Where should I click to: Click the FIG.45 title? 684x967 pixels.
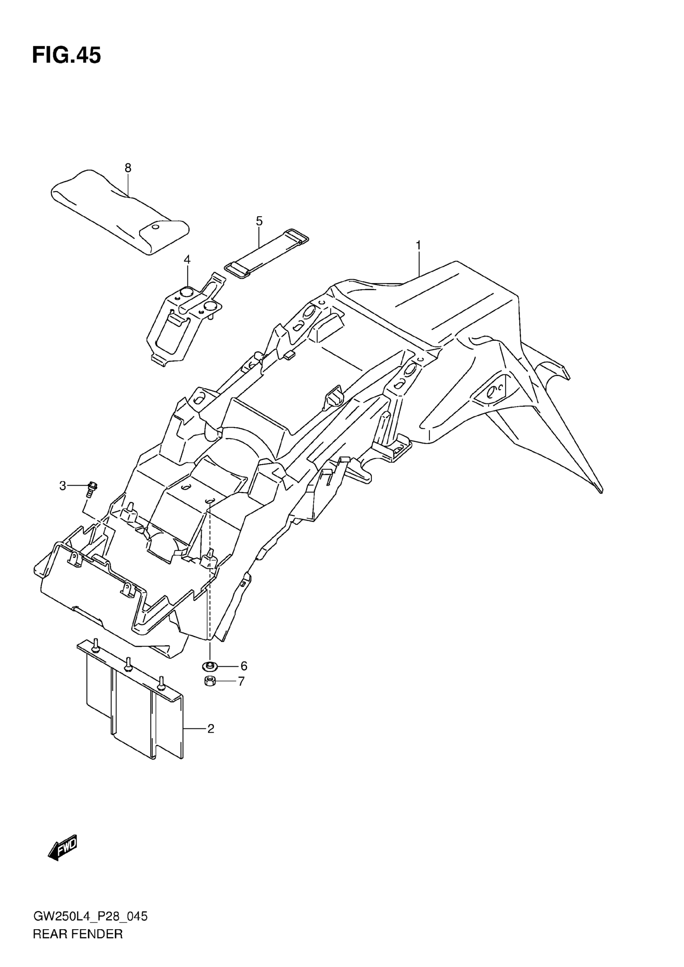(x=66, y=56)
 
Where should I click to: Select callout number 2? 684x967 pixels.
(x=210, y=728)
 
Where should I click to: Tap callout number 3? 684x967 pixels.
(x=63, y=486)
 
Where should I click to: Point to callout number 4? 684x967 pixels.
(x=187, y=259)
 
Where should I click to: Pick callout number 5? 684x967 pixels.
(x=259, y=221)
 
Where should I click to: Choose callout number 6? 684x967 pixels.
(x=243, y=666)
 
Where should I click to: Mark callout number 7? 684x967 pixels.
(x=241, y=681)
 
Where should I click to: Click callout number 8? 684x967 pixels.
(x=128, y=168)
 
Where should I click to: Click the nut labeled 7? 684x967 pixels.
(x=210, y=681)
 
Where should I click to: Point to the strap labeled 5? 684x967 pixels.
(x=267, y=253)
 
